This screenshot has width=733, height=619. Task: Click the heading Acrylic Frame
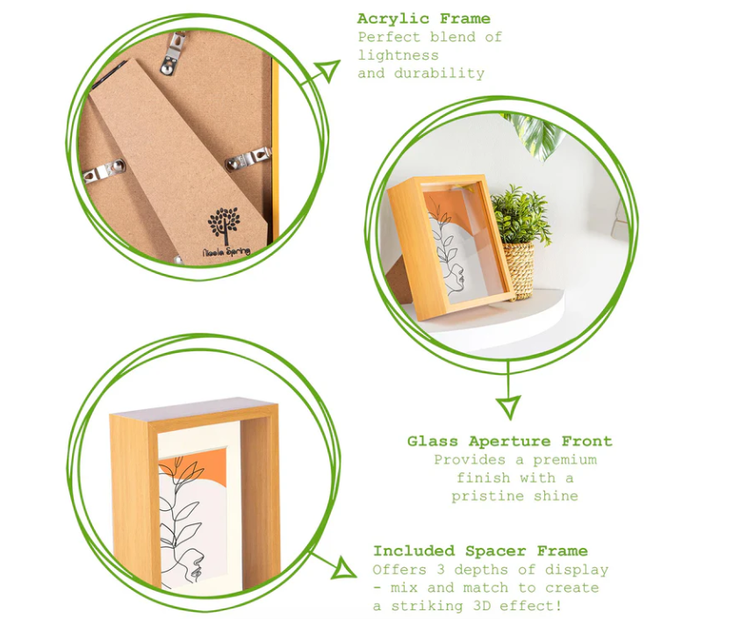(423, 18)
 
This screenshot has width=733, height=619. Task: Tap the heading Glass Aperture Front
(509, 442)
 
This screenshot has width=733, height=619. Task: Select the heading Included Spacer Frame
(480, 551)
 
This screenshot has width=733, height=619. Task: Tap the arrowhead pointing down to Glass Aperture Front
(508, 407)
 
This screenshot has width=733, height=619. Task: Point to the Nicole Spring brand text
(226, 251)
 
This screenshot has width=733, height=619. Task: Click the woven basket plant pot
(518, 270)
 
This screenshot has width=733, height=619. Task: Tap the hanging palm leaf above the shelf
(536, 134)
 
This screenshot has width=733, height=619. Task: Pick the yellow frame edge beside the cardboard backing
(275, 149)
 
